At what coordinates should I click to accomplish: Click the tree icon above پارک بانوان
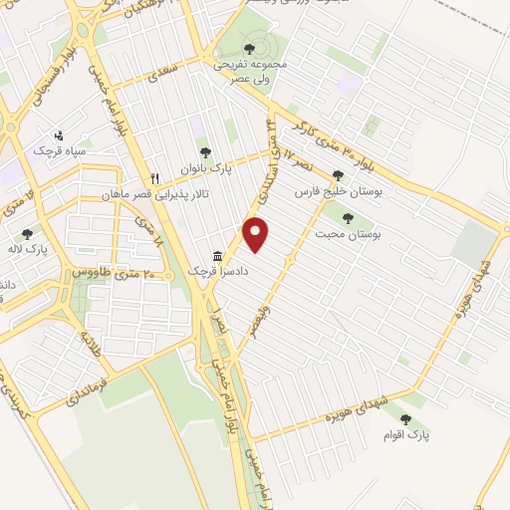click(x=205, y=153)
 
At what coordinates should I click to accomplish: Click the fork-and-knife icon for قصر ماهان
click(x=154, y=178)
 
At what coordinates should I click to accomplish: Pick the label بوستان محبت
click(x=358, y=232)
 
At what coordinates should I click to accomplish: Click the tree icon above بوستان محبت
click(x=348, y=217)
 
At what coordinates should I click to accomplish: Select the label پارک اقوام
click(x=406, y=435)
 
